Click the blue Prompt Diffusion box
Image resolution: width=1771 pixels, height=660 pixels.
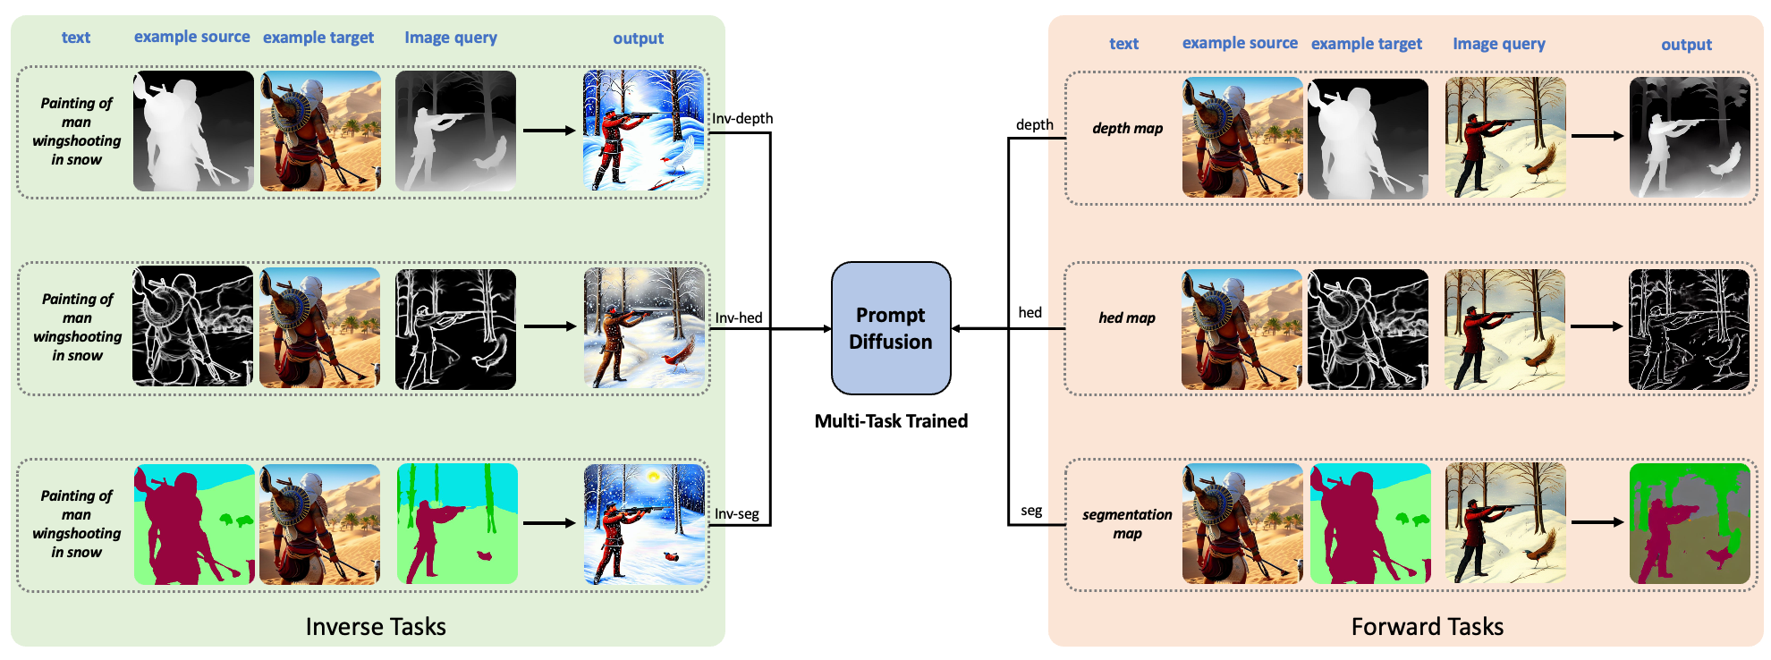(x=891, y=328)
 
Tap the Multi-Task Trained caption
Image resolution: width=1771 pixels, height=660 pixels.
(x=891, y=421)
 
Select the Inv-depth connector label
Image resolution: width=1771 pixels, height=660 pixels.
(x=742, y=119)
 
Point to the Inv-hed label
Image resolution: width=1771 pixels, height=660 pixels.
(x=739, y=317)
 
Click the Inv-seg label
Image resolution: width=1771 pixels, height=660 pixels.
(x=737, y=514)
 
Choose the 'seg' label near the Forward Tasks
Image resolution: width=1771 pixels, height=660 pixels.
(x=1031, y=511)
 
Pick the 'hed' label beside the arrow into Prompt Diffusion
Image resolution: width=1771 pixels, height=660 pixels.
(x=1030, y=312)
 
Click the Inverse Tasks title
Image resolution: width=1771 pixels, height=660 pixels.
(x=376, y=627)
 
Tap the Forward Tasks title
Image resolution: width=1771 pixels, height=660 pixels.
(x=1427, y=627)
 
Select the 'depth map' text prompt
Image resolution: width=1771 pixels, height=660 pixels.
(x=1127, y=129)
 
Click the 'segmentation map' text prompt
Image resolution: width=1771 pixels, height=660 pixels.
(x=1127, y=524)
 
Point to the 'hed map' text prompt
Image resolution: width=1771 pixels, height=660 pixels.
(x=1127, y=318)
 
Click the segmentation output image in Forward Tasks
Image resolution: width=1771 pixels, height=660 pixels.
(x=1689, y=524)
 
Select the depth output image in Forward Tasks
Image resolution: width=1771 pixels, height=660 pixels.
(x=1689, y=137)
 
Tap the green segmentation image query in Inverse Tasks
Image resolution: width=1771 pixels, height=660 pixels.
(x=457, y=524)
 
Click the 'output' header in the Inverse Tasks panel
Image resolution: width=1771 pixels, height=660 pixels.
(x=638, y=38)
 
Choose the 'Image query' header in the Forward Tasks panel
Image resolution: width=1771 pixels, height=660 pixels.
(x=1498, y=44)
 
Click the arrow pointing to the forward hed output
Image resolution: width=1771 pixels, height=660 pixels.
(x=1597, y=326)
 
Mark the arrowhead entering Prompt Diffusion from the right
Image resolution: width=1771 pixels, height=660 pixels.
(x=957, y=328)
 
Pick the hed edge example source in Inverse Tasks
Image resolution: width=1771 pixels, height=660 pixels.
(x=193, y=326)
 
